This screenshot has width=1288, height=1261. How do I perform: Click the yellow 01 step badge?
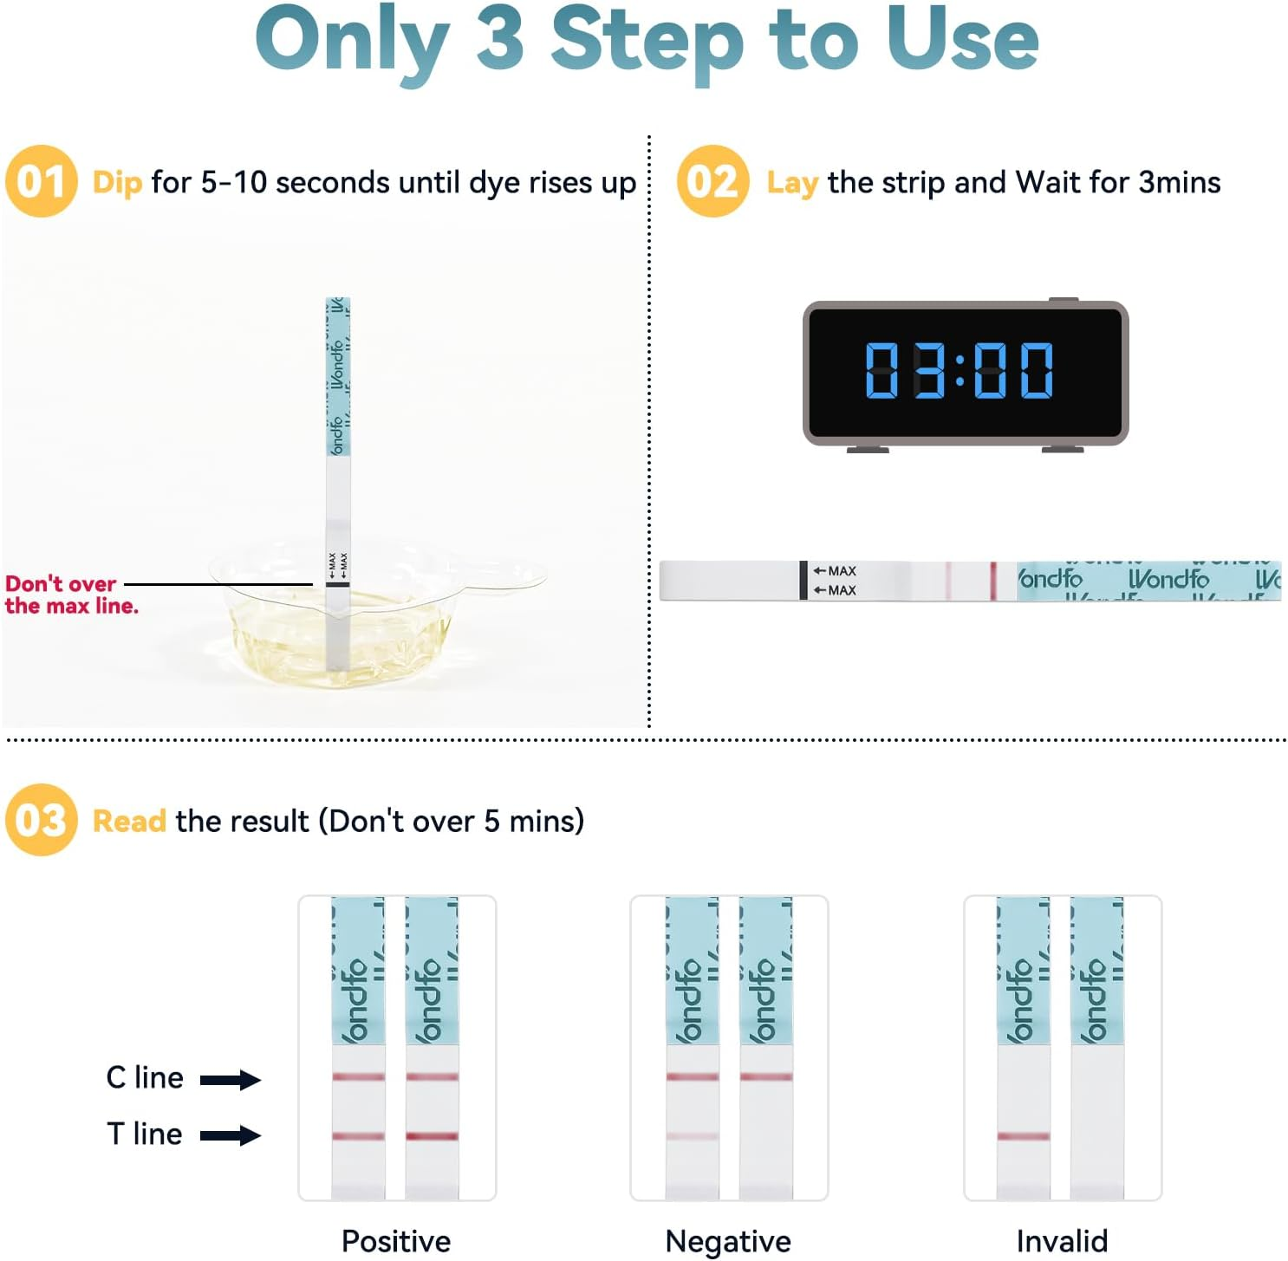[x=41, y=181]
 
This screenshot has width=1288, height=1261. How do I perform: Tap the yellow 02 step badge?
[x=712, y=181]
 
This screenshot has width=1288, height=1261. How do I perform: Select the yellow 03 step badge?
[x=41, y=820]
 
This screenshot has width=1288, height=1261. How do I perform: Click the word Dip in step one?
[x=117, y=183]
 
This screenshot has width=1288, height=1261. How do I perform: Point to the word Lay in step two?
[x=792, y=183]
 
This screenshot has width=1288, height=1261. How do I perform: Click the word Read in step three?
[x=129, y=821]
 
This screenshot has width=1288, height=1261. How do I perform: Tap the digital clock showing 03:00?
[x=965, y=373]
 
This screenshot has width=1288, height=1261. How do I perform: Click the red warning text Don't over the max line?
[x=71, y=595]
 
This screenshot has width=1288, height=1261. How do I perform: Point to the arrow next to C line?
[x=230, y=1079]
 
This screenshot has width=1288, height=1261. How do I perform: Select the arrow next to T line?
[x=230, y=1135]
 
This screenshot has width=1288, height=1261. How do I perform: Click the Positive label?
[x=396, y=1241]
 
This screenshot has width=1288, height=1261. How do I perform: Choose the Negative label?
[x=728, y=1241]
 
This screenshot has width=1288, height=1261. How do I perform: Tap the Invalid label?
[x=1062, y=1241]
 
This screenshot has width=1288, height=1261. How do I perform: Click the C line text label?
[x=145, y=1077]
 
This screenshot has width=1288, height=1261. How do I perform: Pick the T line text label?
[x=145, y=1134]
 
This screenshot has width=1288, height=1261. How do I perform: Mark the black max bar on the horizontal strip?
[x=803, y=580]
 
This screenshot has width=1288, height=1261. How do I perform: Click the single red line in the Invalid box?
[x=1023, y=1135]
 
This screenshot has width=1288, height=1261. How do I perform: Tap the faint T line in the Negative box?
[x=692, y=1135]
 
